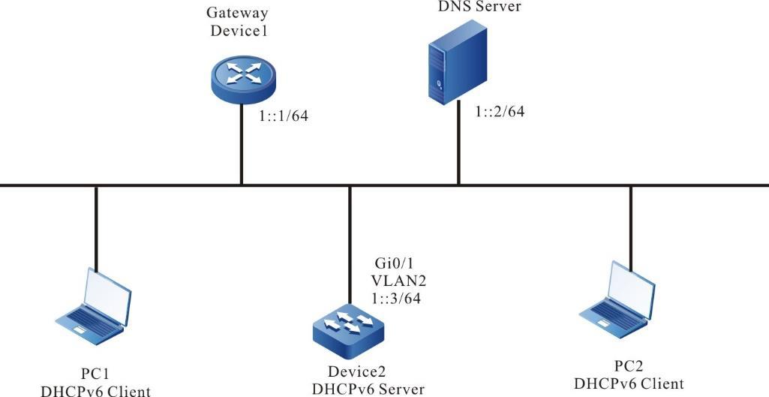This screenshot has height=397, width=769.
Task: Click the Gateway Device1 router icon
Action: [x=241, y=76]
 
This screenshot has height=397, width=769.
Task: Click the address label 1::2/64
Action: [x=499, y=111]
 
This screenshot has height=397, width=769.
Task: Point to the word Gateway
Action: [x=239, y=14]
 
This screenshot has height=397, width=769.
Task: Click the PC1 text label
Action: [x=95, y=374]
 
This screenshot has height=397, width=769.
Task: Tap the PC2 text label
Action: [x=629, y=368]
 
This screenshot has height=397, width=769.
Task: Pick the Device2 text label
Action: [x=358, y=372]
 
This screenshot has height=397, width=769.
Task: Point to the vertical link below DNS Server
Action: [x=458, y=146]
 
